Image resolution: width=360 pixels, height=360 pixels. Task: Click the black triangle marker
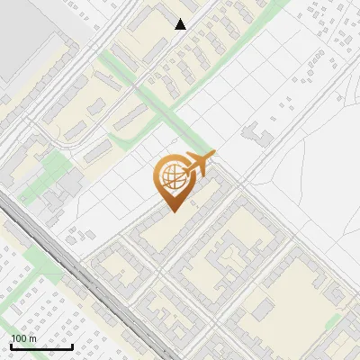181,24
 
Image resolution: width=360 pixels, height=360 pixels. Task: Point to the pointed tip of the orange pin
172,211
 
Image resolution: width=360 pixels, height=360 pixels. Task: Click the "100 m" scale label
23,338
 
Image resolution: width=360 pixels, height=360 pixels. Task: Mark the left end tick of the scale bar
12,346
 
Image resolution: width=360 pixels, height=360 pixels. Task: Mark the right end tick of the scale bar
72,346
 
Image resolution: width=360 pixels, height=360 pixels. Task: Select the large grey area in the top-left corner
27,36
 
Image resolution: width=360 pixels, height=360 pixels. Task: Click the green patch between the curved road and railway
54,167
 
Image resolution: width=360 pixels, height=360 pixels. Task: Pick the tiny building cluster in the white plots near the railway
83,233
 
